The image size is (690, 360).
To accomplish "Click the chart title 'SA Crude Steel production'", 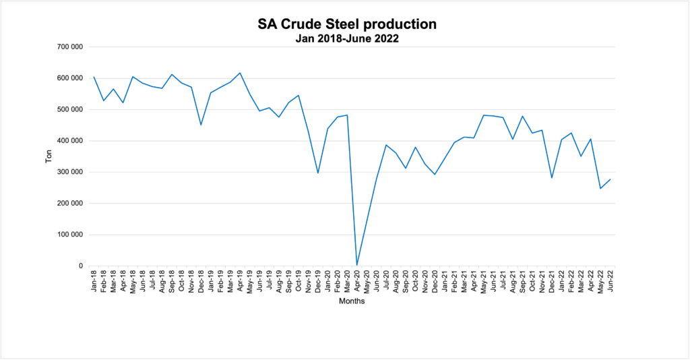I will [347, 24].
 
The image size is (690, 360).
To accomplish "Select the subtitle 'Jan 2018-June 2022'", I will [347, 38].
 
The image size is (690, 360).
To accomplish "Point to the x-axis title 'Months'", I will [352, 301].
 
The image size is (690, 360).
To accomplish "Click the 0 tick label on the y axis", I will [80, 266].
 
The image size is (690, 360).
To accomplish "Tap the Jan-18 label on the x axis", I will [94, 282].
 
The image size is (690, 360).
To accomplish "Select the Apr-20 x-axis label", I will [357, 282].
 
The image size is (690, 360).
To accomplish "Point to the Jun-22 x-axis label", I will [610, 282].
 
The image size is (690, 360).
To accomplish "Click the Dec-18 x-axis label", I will [201, 282].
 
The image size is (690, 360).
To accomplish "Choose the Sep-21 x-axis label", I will [523, 282].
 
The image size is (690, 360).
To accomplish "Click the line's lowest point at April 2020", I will [357, 265].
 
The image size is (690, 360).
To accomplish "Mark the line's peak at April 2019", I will [240, 73].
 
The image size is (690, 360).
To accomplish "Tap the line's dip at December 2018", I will [201, 125].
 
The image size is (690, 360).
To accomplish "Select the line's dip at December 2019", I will [318, 173].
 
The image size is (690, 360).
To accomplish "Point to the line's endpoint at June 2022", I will [610, 179].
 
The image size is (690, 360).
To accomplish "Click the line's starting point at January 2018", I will [94, 77].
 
